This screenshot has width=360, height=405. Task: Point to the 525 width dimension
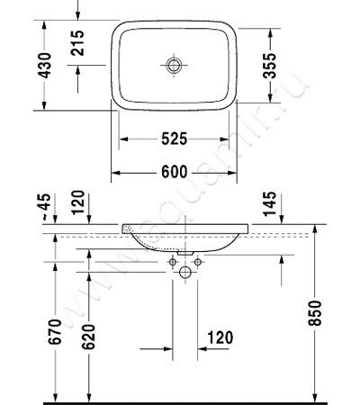[174, 139]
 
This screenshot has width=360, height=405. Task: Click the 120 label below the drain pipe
[219, 337]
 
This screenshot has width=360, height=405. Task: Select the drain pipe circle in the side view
[185, 272]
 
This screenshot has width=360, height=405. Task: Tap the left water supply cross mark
[172, 262]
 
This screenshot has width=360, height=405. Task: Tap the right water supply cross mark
[198, 262]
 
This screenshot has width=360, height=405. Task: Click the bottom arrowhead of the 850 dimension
[315, 397]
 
